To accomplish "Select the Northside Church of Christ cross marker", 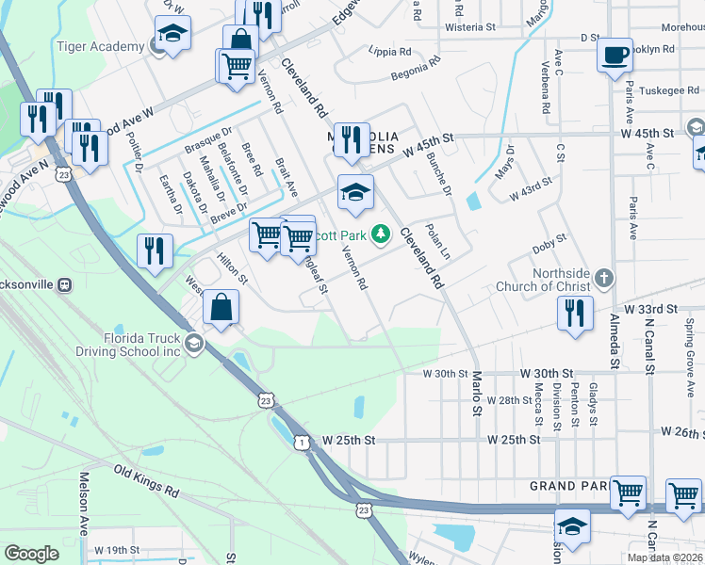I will [x=603, y=278].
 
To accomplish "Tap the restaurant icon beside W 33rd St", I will [x=575, y=312].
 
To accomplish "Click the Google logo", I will [x=31, y=554].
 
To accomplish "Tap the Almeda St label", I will [x=614, y=329].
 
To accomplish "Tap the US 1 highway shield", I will [x=300, y=442].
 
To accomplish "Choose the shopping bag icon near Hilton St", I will [x=221, y=307].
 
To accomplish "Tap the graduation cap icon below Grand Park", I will [x=572, y=525].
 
